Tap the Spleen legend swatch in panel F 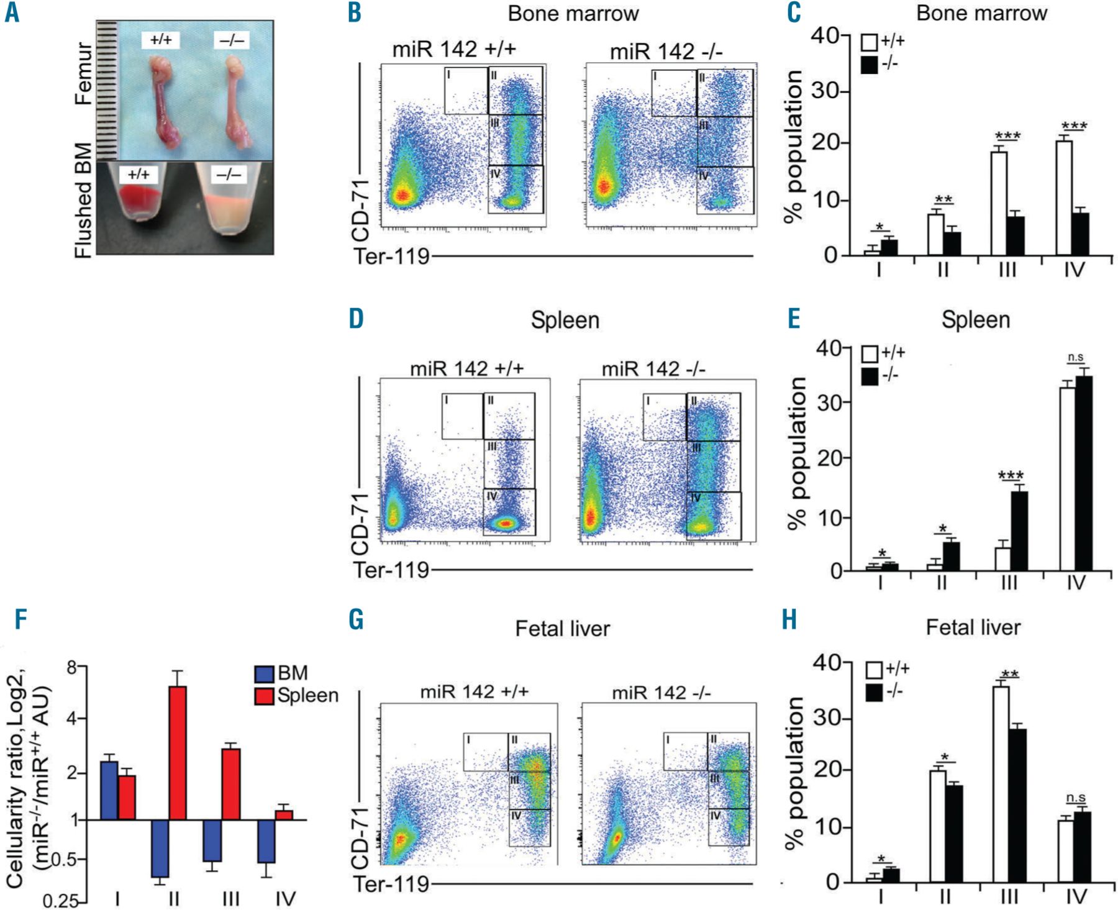[x=265, y=696]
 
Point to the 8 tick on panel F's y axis [x=73, y=668]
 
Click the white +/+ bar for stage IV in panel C [x=1064, y=198]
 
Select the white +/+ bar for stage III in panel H [x=1001, y=784]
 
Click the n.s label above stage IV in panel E [x=1075, y=357]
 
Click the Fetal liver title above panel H [x=973, y=627]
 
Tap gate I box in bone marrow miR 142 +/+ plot [x=466, y=91]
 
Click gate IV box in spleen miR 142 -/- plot [x=714, y=516]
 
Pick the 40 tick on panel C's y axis [x=825, y=35]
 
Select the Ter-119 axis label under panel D [x=391, y=570]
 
